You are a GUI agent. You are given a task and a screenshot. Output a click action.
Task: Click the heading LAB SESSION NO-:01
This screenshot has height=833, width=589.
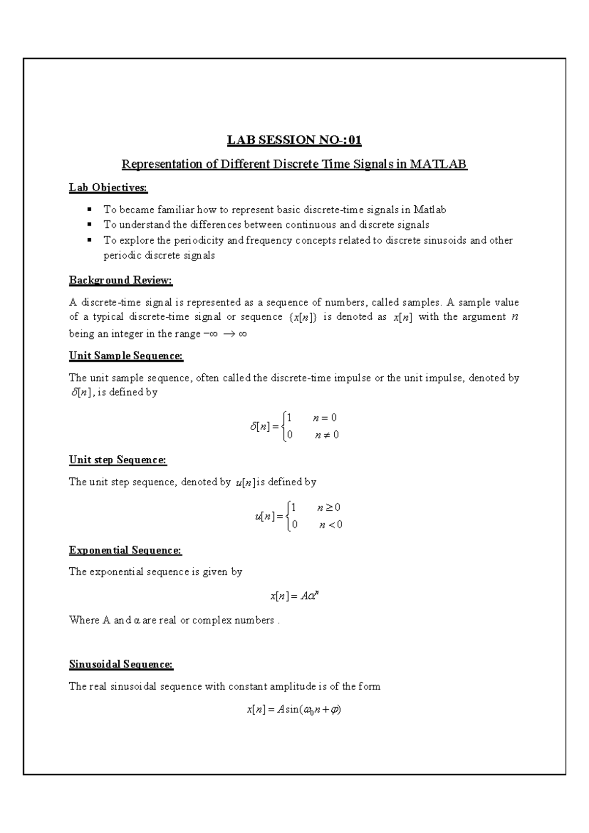(294, 140)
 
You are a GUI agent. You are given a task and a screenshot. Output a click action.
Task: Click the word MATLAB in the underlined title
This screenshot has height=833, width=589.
(438, 164)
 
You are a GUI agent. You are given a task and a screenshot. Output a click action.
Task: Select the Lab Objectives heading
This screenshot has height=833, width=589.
(108, 188)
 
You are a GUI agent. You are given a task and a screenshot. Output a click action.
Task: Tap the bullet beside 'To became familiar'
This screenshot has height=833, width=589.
(89, 210)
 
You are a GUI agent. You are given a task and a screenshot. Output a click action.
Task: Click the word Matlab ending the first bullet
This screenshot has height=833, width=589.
(429, 210)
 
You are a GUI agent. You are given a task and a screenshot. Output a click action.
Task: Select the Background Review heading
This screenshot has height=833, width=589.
(121, 280)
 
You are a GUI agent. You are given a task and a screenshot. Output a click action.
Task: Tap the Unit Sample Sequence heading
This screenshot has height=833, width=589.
(126, 356)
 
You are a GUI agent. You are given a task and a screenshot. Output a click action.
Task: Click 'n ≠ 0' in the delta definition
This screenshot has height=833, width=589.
(326, 435)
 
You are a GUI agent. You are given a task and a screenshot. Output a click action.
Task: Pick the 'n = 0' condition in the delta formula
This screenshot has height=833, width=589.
(324, 418)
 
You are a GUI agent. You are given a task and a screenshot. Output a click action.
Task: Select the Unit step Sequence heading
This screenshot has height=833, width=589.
(118, 460)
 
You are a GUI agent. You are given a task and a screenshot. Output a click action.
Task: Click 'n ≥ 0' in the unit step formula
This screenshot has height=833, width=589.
(329, 507)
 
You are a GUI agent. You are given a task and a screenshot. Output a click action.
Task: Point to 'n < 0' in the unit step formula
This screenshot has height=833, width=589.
(330, 525)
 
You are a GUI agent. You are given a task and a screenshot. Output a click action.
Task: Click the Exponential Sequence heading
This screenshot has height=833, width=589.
(125, 550)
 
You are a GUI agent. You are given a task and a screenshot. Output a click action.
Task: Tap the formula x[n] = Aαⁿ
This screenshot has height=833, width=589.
(294, 596)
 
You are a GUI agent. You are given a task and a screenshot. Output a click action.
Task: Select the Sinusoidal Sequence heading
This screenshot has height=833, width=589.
(121, 665)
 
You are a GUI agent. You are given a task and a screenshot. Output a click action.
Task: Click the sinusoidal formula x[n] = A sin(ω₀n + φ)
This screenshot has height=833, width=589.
(294, 710)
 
